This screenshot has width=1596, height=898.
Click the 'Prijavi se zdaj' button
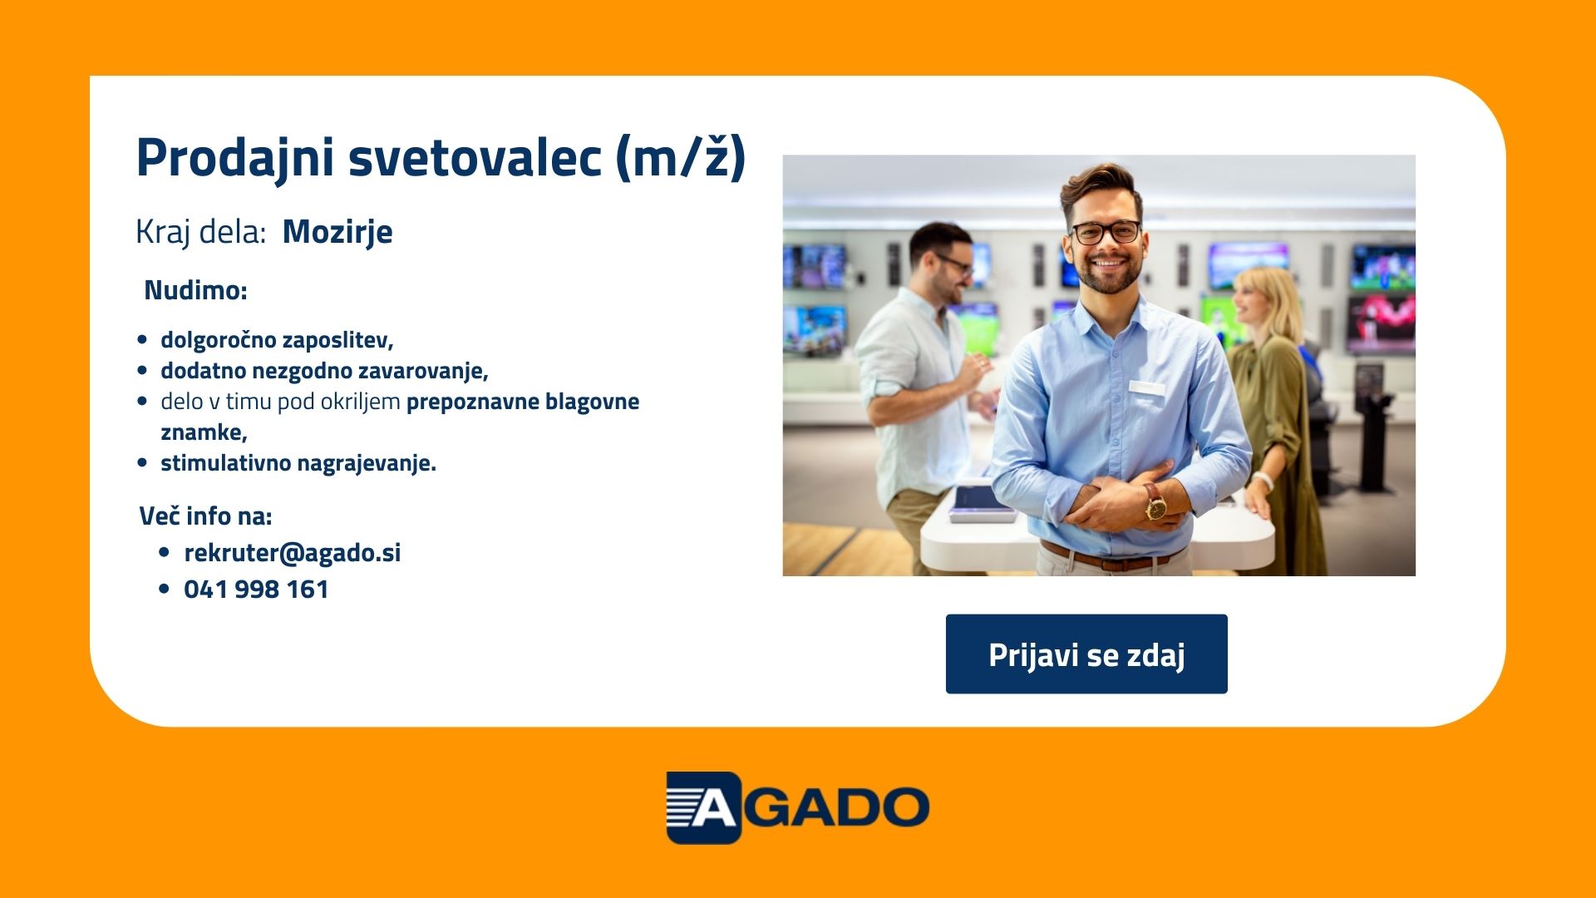[1086, 654]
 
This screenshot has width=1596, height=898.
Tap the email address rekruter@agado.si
[293, 553]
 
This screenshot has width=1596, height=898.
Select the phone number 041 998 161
[256, 590]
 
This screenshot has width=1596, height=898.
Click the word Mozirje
[337, 232]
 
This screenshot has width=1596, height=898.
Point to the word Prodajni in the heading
[235, 158]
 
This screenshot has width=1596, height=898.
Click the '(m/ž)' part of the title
[681, 158]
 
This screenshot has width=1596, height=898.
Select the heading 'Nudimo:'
[195, 290]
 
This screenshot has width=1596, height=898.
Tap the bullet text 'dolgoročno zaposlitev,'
[277, 340]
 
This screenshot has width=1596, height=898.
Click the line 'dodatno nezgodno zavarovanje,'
[324, 371]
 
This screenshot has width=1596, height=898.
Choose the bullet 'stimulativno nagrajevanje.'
[298, 463]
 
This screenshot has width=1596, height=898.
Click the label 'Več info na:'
[205, 516]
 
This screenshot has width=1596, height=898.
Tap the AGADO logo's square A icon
[703, 807]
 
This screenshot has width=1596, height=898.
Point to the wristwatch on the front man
[1155, 502]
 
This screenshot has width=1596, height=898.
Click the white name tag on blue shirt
[1146, 387]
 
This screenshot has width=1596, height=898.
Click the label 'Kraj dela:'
[200, 232]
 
